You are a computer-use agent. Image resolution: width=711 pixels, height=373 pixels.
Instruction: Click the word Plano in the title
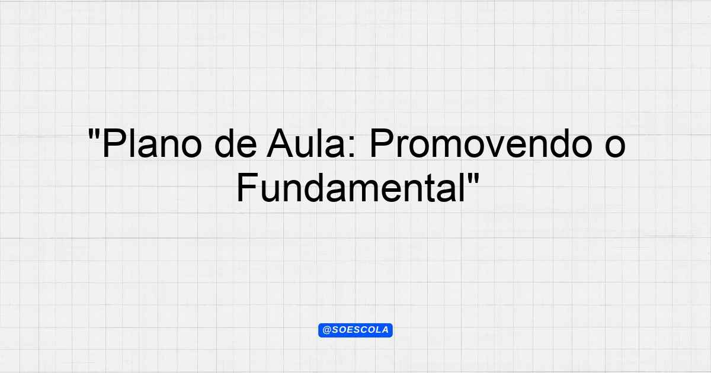tap(152, 143)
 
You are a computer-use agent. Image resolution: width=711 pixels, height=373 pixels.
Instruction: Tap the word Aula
tap(306, 143)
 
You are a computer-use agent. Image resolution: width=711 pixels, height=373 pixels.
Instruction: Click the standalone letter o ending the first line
tap(615, 146)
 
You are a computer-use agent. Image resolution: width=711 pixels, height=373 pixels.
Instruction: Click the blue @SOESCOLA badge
tap(355, 330)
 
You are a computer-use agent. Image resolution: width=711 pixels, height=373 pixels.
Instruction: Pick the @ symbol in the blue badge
tap(326, 330)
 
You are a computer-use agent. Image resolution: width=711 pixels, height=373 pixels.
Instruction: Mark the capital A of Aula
tap(280, 143)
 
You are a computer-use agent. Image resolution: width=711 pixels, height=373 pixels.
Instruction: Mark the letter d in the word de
tap(225, 143)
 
